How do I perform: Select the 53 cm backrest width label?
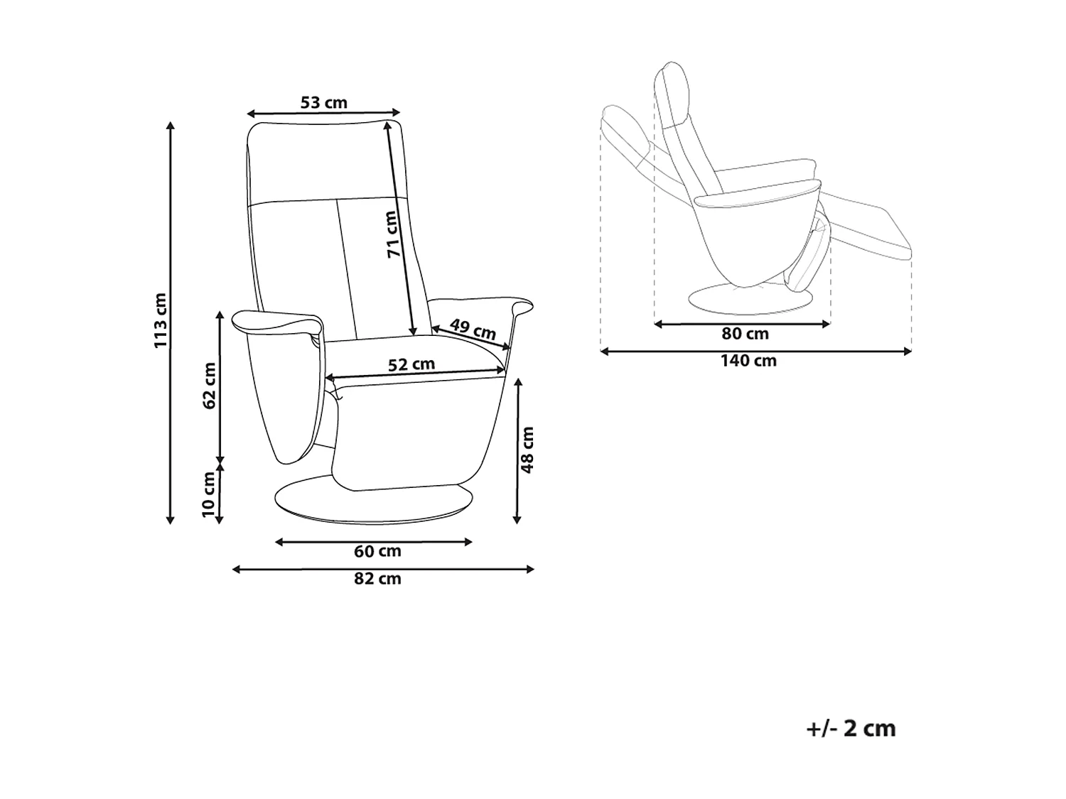click(324, 102)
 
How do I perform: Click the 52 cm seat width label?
click(411, 364)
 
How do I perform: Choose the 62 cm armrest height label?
click(209, 386)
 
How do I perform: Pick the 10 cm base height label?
click(208, 494)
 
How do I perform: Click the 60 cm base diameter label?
click(377, 551)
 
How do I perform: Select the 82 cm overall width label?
click(377, 578)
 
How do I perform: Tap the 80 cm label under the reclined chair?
click(745, 334)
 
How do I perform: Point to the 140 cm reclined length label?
click(748, 361)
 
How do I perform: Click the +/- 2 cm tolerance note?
click(851, 729)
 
